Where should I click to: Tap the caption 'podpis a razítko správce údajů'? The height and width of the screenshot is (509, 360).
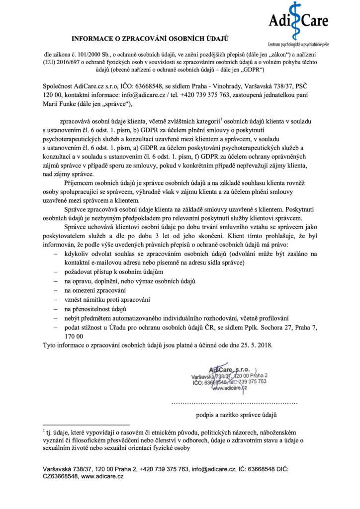pyautogui.click(x=236, y=414)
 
